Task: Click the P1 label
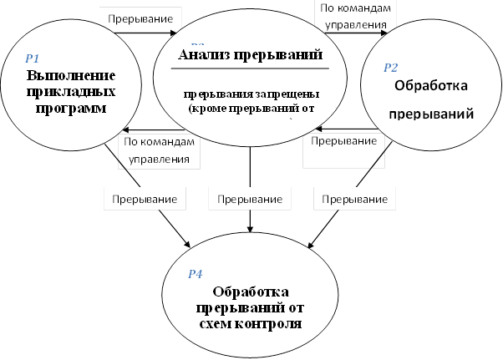pyautogui.click(x=33, y=58)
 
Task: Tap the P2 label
pyautogui.click(x=391, y=67)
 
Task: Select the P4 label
pyautogui.click(x=195, y=273)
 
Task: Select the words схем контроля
pyautogui.click(x=251, y=322)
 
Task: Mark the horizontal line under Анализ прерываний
pyautogui.click(x=251, y=68)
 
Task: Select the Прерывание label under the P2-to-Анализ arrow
pyautogui.click(x=343, y=142)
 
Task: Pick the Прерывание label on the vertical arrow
pyautogui.click(x=251, y=200)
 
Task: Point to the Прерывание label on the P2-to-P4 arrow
pyautogui.click(x=354, y=200)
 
